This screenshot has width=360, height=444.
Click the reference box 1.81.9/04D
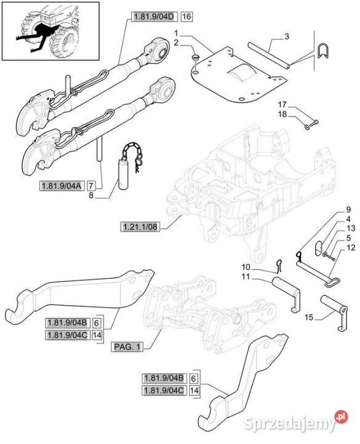[154, 17]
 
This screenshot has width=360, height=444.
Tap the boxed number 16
[186, 17]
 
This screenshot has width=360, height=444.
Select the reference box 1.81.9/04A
[62, 186]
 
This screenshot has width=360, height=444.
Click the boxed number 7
[91, 186]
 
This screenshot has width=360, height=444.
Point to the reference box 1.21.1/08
[140, 226]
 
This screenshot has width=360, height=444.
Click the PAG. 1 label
[127, 347]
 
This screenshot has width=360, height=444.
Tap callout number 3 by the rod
[287, 36]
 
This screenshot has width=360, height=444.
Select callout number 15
[309, 317]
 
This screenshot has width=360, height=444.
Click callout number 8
[91, 195]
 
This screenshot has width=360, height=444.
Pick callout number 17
[282, 105]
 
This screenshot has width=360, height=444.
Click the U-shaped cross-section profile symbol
[323, 51]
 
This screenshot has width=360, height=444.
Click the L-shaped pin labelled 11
[287, 293]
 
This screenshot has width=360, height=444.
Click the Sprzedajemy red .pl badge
[342, 417]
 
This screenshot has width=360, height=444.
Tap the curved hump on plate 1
[242, 72]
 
